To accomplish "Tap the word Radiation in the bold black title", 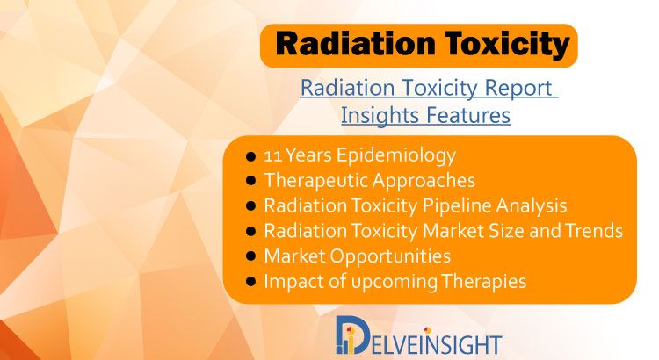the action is click(x=355, y=44).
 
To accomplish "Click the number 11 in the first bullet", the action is click(x=272, y=155).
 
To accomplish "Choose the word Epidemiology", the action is click(x=396, y=156).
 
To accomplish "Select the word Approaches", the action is click(x=424, y=182).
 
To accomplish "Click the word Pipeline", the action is click(x=457, y=206).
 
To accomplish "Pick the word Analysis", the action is click(x=532, y=206).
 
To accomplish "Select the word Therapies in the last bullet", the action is click(x=483, y=282).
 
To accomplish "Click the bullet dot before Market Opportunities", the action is click(x=250, y=257).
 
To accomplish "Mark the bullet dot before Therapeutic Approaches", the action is click(x=250, y=182).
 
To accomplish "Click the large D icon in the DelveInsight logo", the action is click(x=351, y=335).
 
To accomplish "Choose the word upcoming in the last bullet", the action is click(x=395, y=283).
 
